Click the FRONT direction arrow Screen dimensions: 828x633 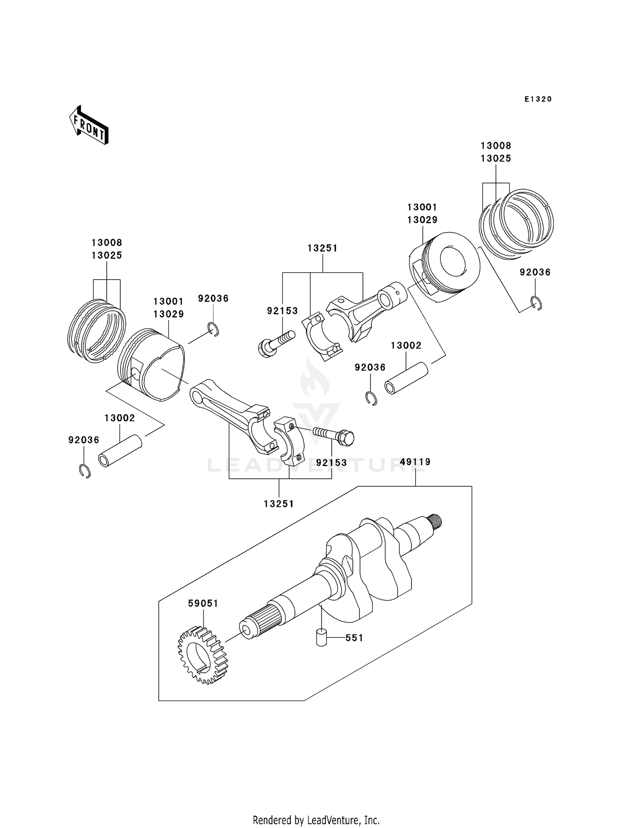(89, 126)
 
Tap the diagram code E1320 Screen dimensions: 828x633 (538, 99)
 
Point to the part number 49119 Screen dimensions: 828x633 (415, 462)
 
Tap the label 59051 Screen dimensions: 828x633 (203, 604)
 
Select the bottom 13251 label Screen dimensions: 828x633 (279, 504)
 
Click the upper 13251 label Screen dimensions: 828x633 (322, 248)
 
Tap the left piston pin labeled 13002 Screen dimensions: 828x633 (120, 451)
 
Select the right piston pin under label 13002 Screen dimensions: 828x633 (406, 378)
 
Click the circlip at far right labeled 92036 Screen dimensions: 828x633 (536, 304)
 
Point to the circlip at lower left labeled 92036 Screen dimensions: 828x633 (85, 471)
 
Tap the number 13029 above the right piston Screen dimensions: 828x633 (422, 220)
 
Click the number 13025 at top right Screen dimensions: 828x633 (496, 158)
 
